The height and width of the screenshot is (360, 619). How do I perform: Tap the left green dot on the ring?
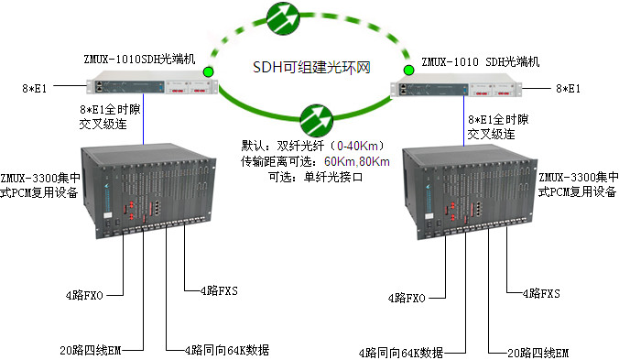(209, 71)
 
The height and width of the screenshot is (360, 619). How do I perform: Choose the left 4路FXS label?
(218, 290)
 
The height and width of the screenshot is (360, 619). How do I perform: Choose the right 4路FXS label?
(539, 293)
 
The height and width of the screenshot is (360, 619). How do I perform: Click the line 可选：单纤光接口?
(315, 176)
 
